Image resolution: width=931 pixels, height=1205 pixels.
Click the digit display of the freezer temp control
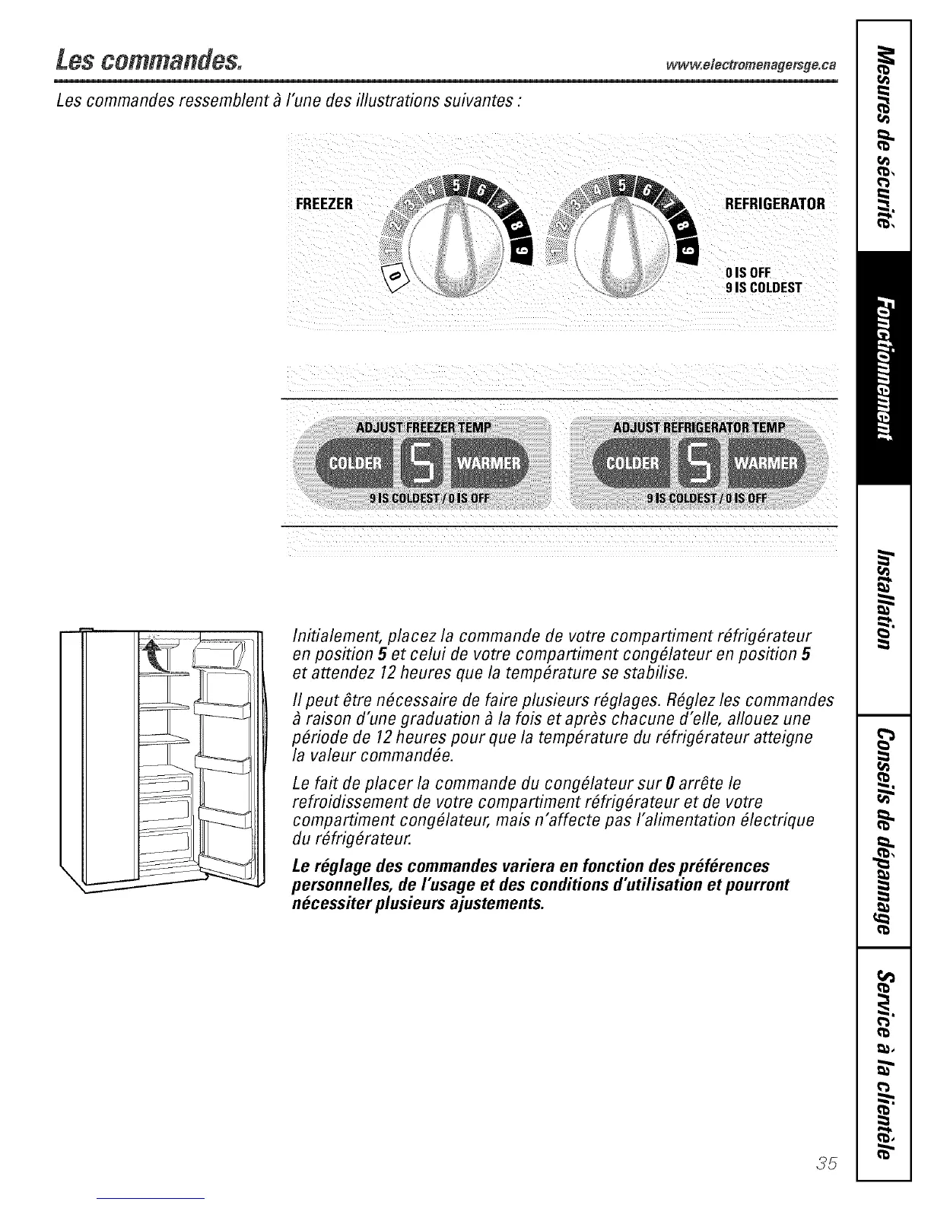pyautogui.click(x=424, y=464)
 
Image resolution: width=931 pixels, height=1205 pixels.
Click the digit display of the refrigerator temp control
pyautogui.click(x=701, y=464)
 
